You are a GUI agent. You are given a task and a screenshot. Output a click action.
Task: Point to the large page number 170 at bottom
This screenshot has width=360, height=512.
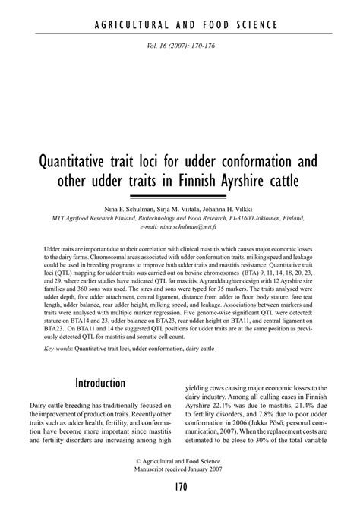click(x=180, y=487)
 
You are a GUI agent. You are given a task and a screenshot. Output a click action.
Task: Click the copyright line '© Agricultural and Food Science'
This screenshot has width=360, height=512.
click(x=180, y=461)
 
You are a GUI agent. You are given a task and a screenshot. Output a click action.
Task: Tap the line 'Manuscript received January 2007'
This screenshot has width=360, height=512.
click(x=180, y=469)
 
